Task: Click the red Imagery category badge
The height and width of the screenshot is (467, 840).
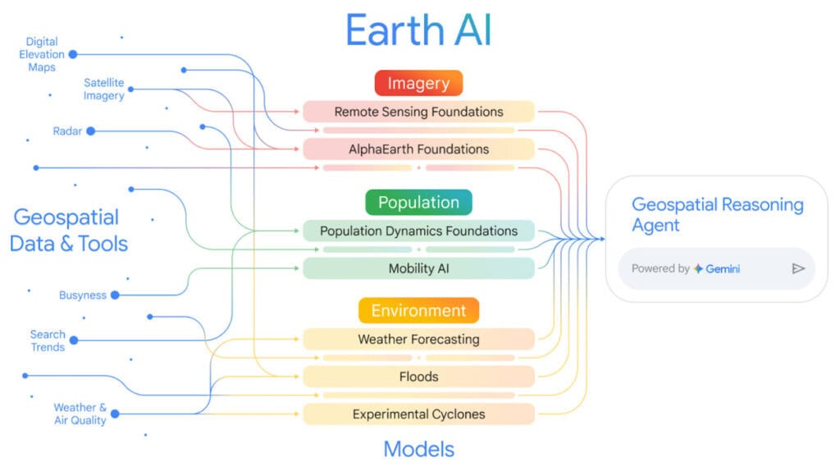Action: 418,83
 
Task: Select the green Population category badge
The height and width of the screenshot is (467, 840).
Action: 418,202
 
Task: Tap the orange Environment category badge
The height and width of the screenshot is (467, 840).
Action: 418,310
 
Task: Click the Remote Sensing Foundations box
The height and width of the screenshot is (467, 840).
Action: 418,112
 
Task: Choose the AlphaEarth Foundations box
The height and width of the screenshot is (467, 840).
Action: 418,149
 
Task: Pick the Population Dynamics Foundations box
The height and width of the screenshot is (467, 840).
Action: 418,231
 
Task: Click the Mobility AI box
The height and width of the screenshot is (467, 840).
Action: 418,268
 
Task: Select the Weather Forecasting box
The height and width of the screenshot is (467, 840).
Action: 418,339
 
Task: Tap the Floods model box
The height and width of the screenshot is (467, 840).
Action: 418,377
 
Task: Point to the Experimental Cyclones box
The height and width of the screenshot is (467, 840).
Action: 418,414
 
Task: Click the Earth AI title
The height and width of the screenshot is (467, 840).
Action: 418,30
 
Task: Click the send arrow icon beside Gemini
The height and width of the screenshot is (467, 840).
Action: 798,268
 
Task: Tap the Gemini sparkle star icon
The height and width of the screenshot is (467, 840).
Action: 698,268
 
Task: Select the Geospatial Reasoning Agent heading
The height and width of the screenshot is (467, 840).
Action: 717,214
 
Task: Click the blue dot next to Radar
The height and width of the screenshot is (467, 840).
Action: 90,130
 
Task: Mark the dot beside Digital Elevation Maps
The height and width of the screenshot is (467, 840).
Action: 73,54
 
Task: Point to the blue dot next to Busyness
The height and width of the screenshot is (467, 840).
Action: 115,295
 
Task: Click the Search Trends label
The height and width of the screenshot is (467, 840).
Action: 48,341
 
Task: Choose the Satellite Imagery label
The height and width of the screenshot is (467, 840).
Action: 104,89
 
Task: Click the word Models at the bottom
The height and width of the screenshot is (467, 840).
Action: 418,449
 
